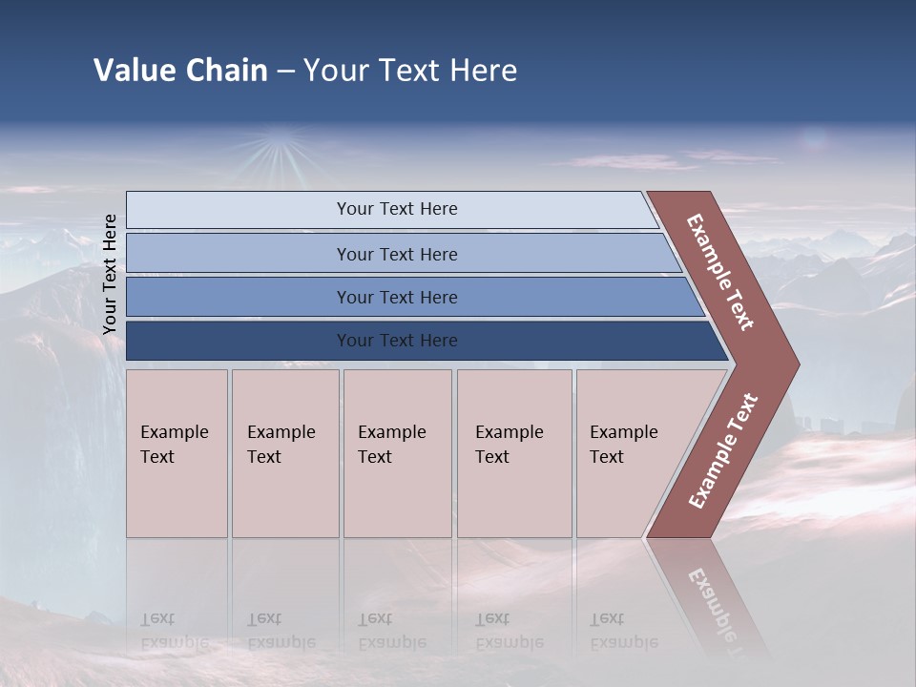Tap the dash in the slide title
click(285, 72)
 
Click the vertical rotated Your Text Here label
click(110, 274)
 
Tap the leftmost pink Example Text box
click(177, 453)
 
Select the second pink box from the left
click(285, 453)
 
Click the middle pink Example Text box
click(397, 453)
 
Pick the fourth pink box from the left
click(514, 453)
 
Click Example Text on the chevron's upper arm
click(720, 272)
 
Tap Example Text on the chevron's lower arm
click(723, 451)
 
